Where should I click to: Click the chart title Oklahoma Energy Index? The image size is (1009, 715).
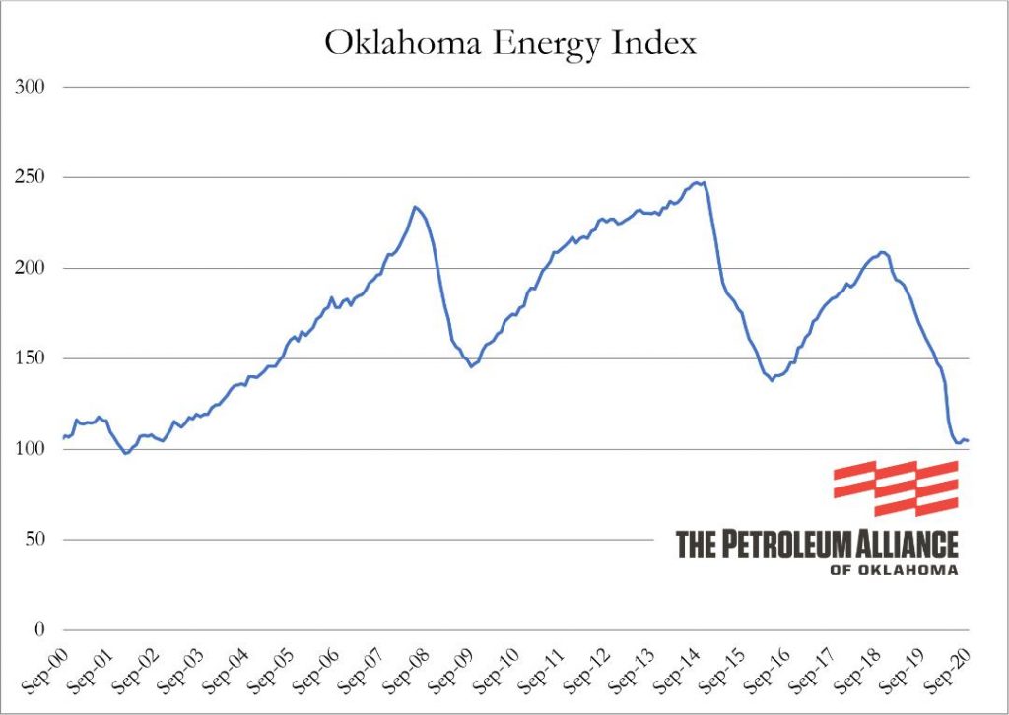tap(510, 43)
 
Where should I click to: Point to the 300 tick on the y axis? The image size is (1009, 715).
tap(33, 87)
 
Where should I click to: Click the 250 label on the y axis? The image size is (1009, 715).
tap(33, 177)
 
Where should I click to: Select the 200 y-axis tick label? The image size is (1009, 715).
tap(33, 268)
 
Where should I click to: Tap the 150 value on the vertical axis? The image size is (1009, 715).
tap(33, 358)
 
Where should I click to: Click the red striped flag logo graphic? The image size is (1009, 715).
tap(895, 488)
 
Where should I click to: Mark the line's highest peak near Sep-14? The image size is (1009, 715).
tap(698, 182)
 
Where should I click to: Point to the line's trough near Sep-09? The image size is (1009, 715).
tap(472, 366)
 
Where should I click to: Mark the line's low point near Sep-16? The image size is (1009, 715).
tap(772, 380)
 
